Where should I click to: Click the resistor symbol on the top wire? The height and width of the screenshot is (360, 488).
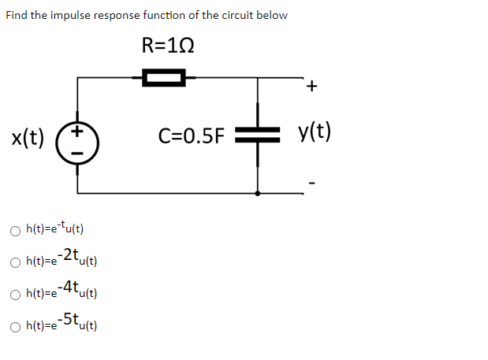(x=163, y=76)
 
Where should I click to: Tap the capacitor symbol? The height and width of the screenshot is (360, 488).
(x=258, y=135)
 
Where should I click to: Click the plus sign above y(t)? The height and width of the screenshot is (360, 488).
(x=312, y=87)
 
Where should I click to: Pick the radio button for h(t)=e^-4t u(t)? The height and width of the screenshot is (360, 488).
(x=15, y=294)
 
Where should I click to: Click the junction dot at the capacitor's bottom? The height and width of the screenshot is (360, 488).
(x=258, y=192)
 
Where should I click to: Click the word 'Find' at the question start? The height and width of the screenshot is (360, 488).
(x=17, y=15)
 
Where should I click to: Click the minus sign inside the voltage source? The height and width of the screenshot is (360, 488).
(x=77, y=156)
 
